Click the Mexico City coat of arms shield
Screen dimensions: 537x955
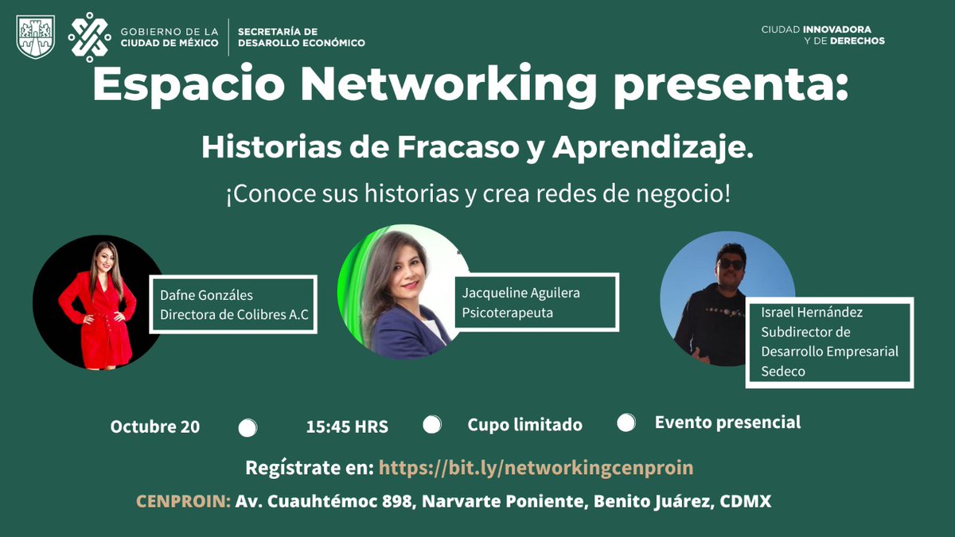36,37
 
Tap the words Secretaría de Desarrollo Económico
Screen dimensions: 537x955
302,37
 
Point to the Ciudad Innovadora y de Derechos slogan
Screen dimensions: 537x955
823,35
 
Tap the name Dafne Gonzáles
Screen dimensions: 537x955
206,296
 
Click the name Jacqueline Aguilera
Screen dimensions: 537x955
521,293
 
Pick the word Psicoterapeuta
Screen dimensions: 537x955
507,313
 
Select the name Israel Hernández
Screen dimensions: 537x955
811,312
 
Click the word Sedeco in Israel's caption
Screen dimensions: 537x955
783,371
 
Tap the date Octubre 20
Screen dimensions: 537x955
155,426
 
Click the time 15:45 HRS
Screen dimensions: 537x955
347,426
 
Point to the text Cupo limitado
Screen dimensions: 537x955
524,425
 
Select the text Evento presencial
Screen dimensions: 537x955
727,422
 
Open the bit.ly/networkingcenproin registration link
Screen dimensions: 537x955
536,468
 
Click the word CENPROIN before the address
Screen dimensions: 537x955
183,502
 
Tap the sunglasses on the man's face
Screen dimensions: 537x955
730,263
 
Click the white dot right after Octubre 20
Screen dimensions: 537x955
248,427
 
